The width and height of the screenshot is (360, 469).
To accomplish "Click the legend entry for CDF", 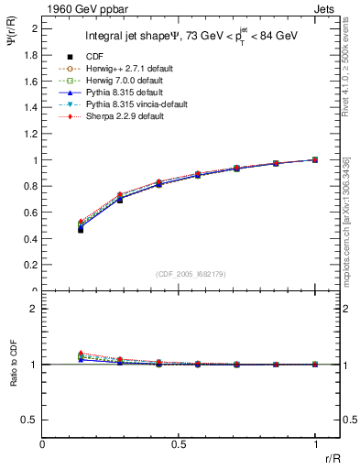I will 94,56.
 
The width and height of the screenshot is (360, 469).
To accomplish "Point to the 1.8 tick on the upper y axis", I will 43,54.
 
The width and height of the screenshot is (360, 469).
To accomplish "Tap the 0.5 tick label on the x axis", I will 180,443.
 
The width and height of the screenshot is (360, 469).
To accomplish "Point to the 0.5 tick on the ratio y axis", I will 43,420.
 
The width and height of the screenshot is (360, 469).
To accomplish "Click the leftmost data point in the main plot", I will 81,229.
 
